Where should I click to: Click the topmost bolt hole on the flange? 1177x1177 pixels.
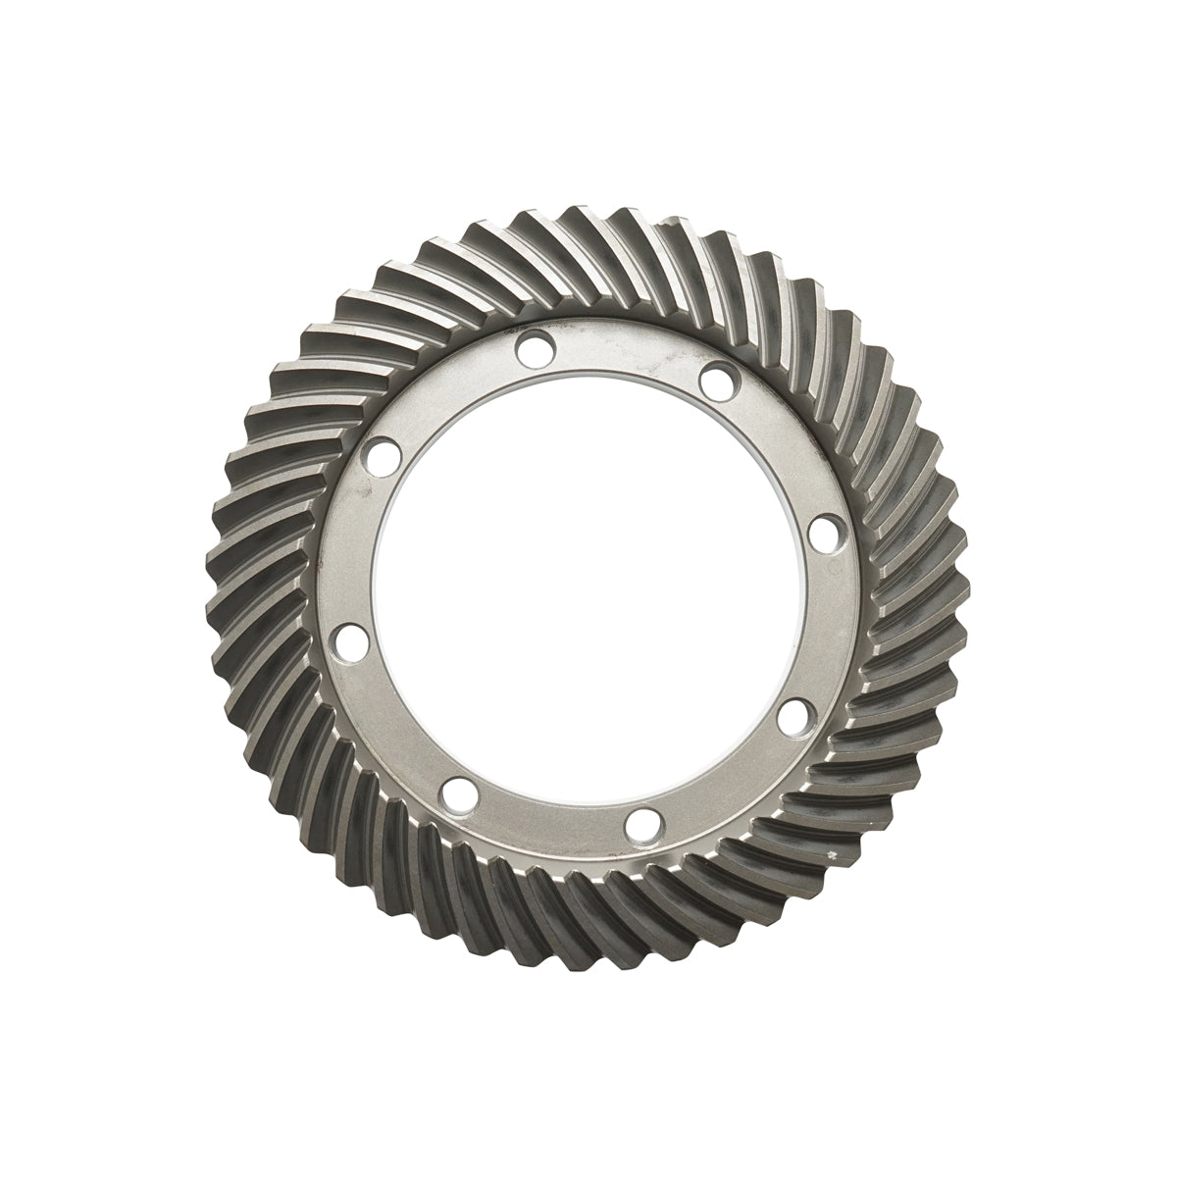(535, 346)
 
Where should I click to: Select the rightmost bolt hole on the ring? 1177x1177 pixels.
(825, 535)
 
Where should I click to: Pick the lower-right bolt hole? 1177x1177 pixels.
(796, 714)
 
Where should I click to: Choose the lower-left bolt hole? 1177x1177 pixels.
(455, 791)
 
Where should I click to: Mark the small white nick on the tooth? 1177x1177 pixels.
(834, 858)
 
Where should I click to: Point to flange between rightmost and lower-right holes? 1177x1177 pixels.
(824, 628)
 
